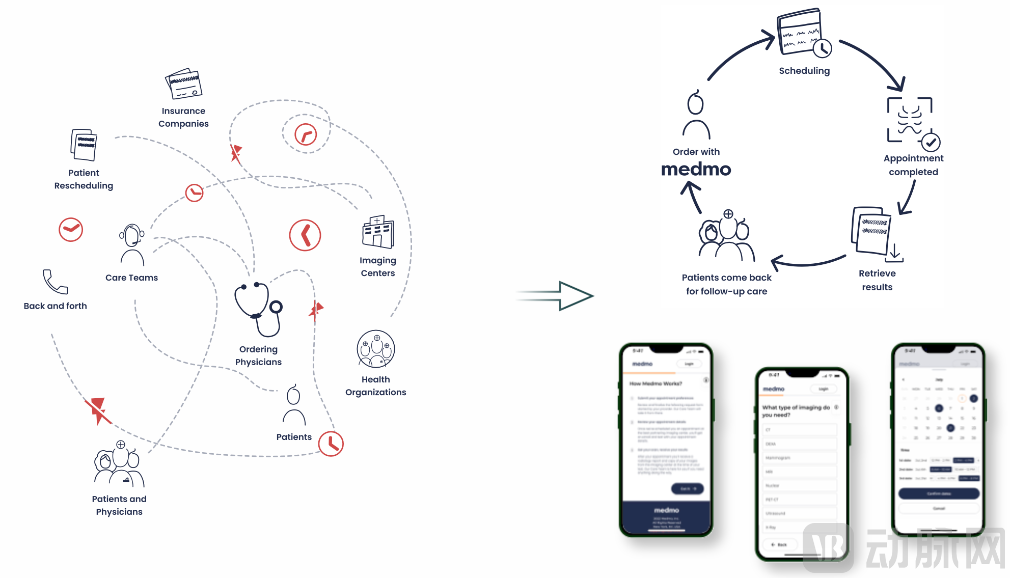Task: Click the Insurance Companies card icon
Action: coord(184,84)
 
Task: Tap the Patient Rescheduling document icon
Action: coord(84,145)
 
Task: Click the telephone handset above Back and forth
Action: coord(54,282)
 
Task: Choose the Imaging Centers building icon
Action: coord(378,232)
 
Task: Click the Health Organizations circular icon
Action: coord(376,349)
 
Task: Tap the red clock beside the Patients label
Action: coord(331,444)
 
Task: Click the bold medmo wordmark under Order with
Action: coord(696,169)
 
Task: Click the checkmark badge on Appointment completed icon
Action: coord(931,142)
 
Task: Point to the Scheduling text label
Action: coord(804,71)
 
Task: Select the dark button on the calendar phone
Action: coord(939,493)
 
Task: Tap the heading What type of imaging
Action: coord(796,411)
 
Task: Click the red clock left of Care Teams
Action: coord(71,230)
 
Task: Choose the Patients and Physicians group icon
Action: coord(119,464)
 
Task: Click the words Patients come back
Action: coord(726,278)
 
